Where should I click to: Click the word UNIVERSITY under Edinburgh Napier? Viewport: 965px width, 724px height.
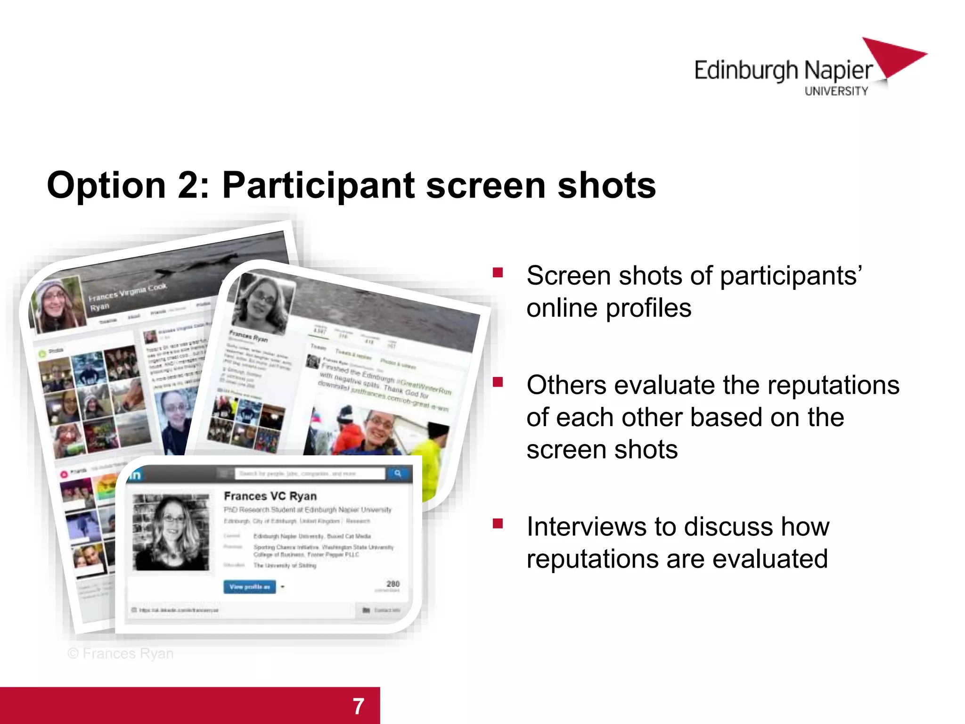click(836, 91)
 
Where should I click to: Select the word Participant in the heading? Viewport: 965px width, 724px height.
click(318, 185)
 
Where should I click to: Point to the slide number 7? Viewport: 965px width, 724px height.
click(359, 706)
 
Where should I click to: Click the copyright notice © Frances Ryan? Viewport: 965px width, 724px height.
click(121, 653)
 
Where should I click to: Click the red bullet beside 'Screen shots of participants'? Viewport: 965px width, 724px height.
click(498, 272)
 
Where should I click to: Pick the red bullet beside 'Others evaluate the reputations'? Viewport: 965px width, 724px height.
click(498, 382)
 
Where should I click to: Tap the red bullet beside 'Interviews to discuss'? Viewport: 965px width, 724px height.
click(498, 523)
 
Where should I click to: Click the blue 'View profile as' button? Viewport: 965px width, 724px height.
click(249, 587)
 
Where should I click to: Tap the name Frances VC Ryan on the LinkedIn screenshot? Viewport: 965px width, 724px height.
click(270, 496)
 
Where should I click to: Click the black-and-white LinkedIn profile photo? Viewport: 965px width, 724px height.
click(171, 532)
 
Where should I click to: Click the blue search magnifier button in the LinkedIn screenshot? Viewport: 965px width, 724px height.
click(398, 473)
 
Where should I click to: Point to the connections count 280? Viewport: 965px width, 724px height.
click(393, 584)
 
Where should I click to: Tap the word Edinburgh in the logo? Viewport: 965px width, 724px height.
click(746, 71)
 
